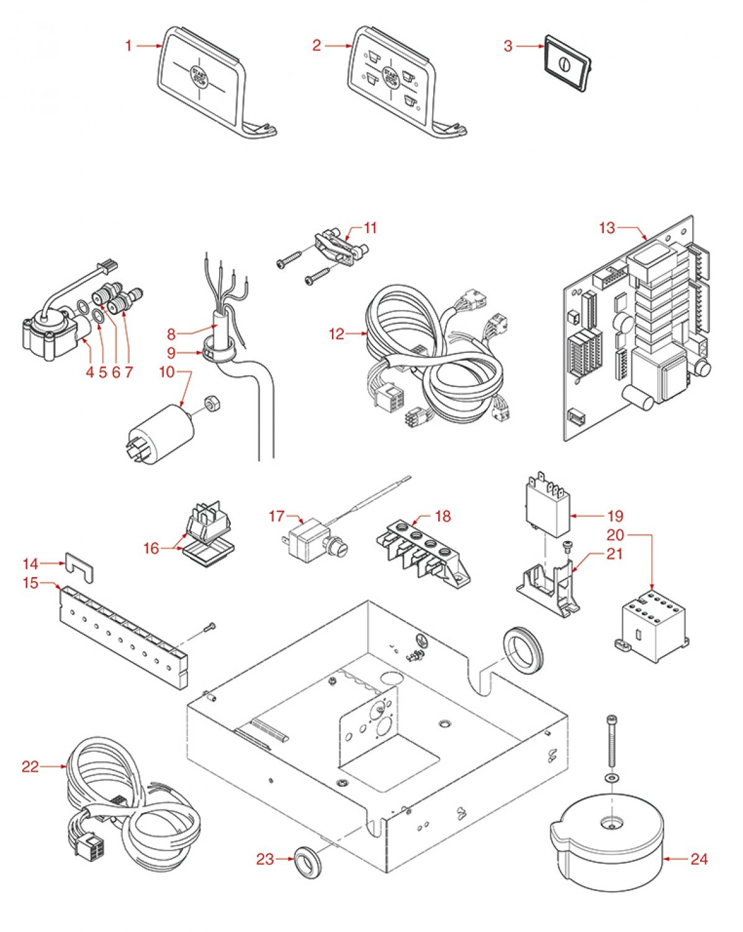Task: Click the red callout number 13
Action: coord(606,228)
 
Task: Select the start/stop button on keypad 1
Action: coord(198,76)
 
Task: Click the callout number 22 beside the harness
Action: coord(30,767)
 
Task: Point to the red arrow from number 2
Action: coord(338,45)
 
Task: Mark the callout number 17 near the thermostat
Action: coord(276,516)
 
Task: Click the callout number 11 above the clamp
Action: coord(370,228)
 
